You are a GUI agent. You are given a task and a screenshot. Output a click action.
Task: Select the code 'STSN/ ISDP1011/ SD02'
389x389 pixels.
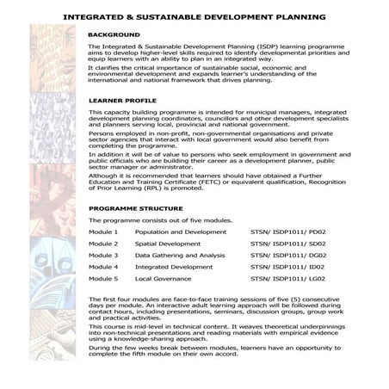pyautogui.click(x=289, y=244)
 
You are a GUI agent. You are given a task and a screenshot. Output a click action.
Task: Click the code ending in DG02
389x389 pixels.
pyautogui.click(x=289, y=256)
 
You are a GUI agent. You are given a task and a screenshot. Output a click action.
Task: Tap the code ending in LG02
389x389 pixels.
pyautogui.click(x=289, y=280)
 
